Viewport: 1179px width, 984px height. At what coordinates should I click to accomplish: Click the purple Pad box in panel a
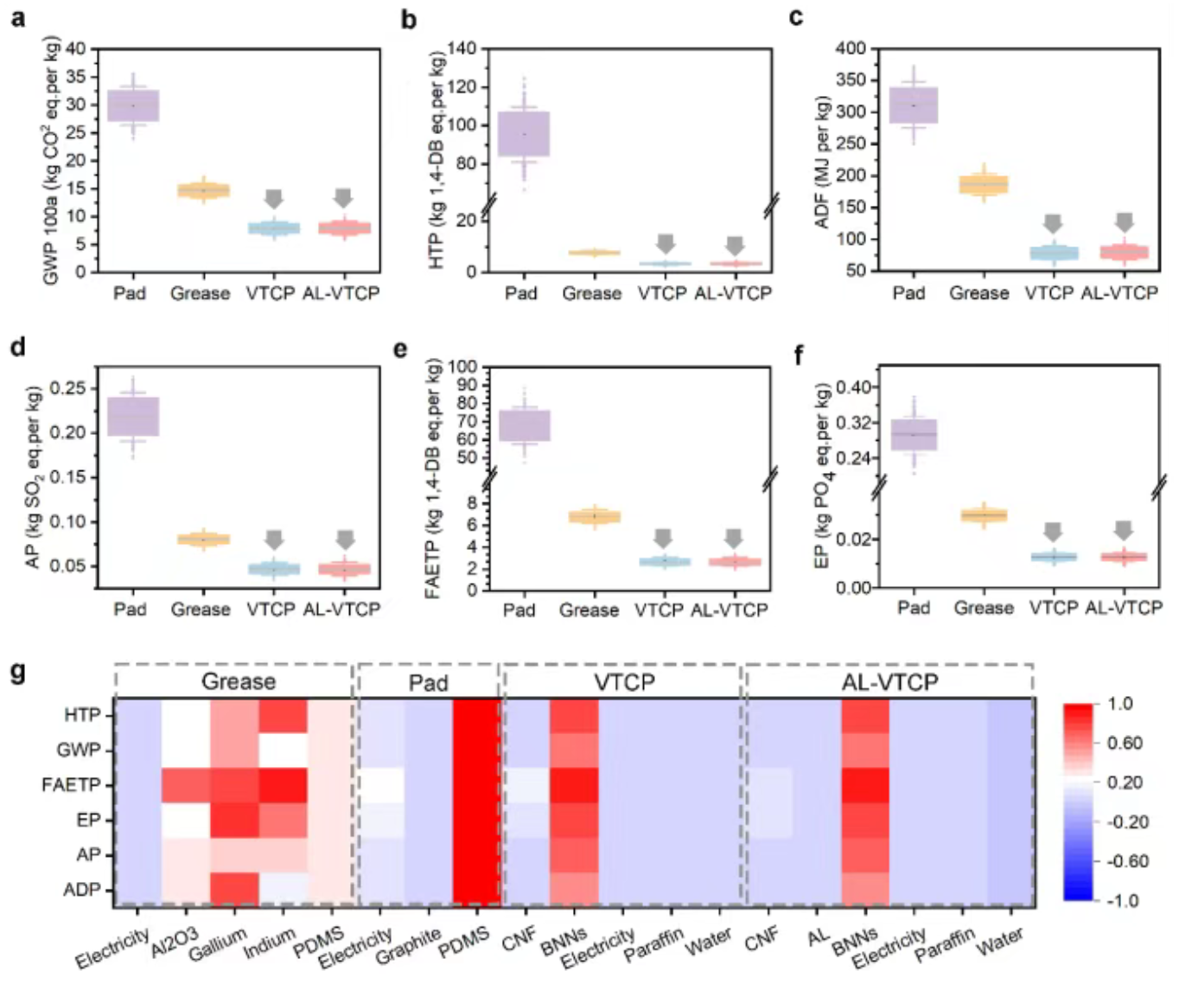pos(133,105)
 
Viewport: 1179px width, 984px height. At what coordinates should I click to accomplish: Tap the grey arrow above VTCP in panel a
pos(273,199)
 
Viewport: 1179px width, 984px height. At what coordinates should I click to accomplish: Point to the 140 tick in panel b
pos(463,49)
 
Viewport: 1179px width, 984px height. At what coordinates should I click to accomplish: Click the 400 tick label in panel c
pos(851,49)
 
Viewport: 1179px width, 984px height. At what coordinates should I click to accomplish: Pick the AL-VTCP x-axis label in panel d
pos(341,610)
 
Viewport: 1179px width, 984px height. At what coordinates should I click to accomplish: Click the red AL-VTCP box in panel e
pos(735,561)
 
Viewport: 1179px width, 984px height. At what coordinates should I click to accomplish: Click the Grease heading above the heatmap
pos(238,681)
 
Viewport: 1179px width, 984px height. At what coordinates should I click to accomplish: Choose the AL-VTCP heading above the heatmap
pos(889,682)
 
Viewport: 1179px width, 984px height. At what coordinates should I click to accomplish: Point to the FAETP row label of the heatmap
pos(71,785)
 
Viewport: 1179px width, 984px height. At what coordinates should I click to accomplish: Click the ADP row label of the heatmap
pos(81,890)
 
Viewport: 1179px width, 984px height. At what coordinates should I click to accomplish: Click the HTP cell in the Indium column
pos(283,716)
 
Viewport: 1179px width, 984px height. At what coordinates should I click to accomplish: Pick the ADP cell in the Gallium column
pos(234,890)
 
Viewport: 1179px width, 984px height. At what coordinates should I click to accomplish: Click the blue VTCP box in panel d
pos(274,568)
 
